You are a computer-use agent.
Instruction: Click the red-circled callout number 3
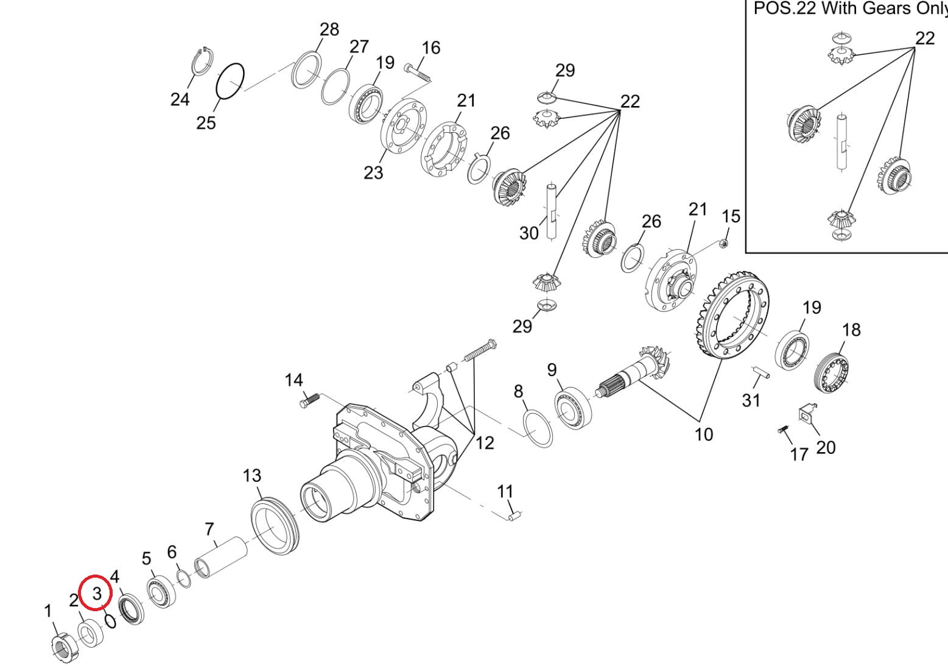coord(96,592)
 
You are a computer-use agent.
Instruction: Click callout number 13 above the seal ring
coord(252,475)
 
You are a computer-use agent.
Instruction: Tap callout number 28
coord(329,29)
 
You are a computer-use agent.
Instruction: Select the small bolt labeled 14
coord(309,400)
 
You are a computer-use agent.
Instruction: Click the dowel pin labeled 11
coord(514,517)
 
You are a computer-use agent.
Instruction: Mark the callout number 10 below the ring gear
coord(703,434)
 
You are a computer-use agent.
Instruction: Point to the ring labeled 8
coord(538,428)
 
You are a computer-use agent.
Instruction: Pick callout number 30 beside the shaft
coord(528,233)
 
